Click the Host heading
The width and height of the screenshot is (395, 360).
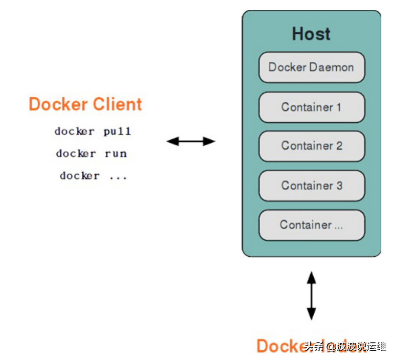click(311, 34)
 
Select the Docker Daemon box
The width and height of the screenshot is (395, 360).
click(311, 67)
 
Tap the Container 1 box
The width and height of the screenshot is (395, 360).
click(311, 107)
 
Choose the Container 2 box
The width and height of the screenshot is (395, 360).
click(311, 146)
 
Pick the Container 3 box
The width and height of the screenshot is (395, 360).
click(311, 186)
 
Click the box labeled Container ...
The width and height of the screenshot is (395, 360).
click(311, 225)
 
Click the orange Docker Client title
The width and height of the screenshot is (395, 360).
click(85, 105)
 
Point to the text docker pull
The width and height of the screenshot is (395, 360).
click(93, 132)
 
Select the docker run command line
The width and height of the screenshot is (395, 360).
click(91, 154)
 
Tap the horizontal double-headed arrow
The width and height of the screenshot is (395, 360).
click(191, 142)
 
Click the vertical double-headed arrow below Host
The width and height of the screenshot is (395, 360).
click(311, 296)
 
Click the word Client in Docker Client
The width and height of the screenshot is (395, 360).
click(117, 105)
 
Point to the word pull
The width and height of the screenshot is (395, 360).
click(117, 132)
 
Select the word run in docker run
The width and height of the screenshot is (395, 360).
click(116, 154)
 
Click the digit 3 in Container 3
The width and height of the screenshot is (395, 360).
click(339, 186)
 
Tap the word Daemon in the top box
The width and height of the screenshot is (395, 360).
click(331, 67)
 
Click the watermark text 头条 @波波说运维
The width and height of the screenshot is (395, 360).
click(345, 347)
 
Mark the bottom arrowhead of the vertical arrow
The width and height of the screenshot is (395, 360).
click(311, 314)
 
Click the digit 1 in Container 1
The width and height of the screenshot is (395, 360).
click(338, 107)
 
